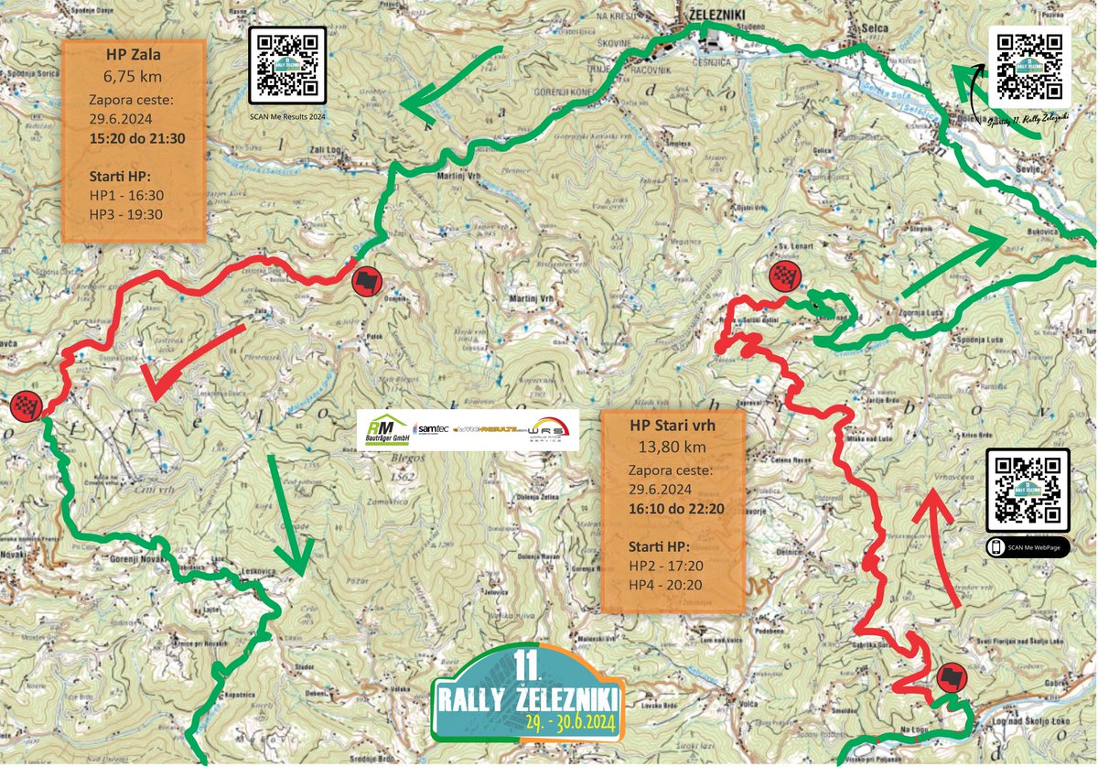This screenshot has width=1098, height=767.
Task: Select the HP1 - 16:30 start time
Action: click(x=127, y=195)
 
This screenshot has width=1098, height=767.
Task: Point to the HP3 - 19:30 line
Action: click(x=127, y=214)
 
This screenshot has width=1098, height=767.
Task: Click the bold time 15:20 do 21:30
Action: click(x=137, y=138)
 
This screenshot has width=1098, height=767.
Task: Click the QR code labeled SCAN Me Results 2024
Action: click(x=287, y=63)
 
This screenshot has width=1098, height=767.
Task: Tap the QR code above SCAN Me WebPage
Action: click(x=1028, y=489)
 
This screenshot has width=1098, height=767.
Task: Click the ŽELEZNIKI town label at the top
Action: click(x=713, y=15)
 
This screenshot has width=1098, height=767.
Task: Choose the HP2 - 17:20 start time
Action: click(x=666, y=567)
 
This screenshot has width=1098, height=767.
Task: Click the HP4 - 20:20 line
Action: click(x=666, y=586)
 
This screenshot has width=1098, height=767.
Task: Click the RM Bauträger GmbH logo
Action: click(x=384, y=429)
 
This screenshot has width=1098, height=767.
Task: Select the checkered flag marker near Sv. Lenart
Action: click(x=785, y=275)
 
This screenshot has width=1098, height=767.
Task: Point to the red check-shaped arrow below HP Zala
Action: click(x=188, y=362)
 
